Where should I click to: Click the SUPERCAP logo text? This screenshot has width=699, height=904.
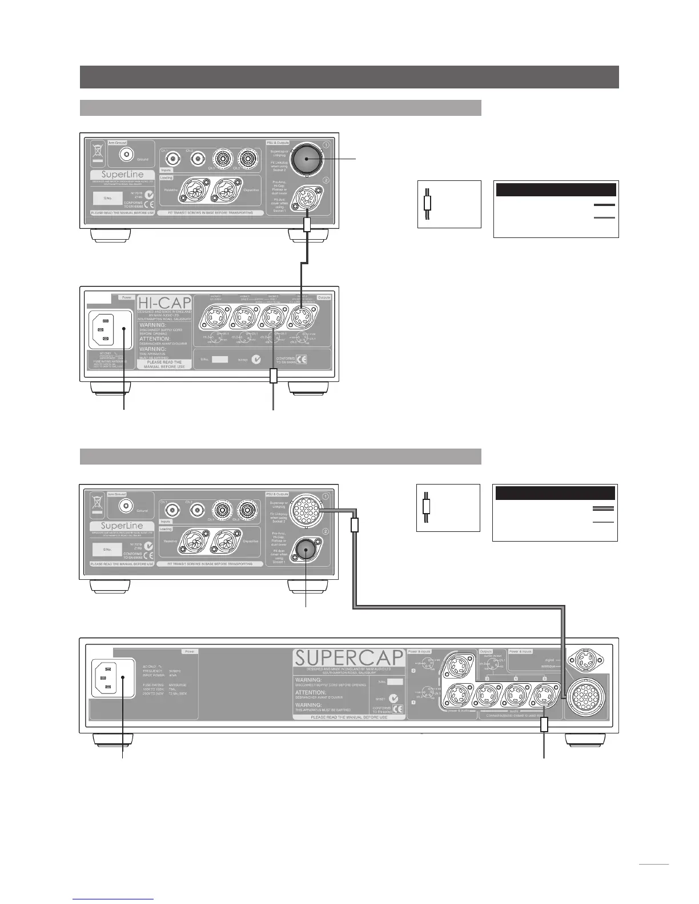click(x=349, y=658)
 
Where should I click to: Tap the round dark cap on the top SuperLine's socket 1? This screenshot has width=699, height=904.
click(x=306, y=160)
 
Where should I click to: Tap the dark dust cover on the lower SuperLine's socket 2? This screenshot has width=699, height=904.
click(x=306, y=551)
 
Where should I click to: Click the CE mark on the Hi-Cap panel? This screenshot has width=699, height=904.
click(x=300, y=360)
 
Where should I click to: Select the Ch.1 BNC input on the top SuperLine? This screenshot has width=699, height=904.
click(x=171, y=157)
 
